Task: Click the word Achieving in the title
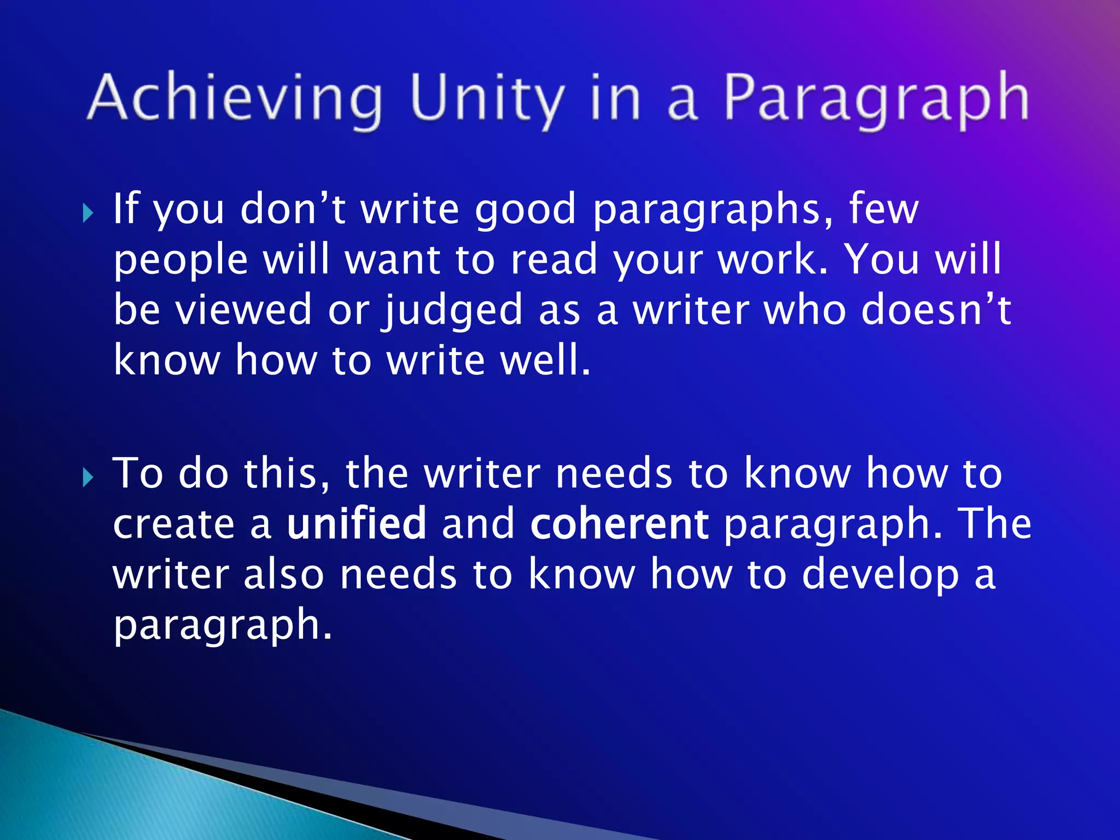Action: click(x=235, y=98)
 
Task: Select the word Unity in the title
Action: click(x=486, y=98)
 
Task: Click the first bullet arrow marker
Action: click(x=88, y=213)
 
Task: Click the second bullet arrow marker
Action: click(x=88, y=477)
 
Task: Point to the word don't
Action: click(x=293, y=209)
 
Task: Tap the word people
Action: click(x=181, y=260)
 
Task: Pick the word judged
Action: click(x=453, y=311)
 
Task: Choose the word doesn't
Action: click(x=936, y=310)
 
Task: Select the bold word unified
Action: click(x=357, y=523)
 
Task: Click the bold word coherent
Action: click(x=620, y=523)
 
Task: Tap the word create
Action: click(x=174, y=523)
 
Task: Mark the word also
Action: click(x=284, y=574)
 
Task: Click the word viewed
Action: click(x=244, y=310)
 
